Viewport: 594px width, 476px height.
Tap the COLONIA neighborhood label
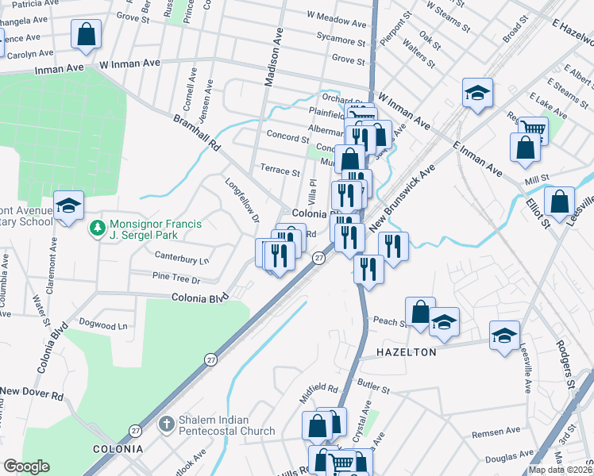click(x=117, y=449)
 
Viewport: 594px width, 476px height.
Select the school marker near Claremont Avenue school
click(x=69, y=205)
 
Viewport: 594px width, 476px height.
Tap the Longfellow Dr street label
click(x=243, y=202)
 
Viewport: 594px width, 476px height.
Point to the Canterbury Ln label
click(x=181, y=259)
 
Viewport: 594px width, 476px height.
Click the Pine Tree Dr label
click(x=175, y=279)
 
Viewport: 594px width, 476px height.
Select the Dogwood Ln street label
click(x=103, y=324)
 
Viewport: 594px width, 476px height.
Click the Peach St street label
click(x=390, y=321)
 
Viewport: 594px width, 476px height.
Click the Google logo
click(x=27, y=466)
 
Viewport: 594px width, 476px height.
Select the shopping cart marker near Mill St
click(x=533, y=129)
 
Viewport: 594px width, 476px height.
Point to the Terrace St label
click(x=280, y=171)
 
